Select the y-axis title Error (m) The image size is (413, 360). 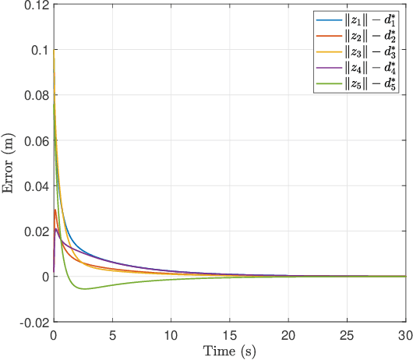10,163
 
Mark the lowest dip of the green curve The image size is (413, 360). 85,289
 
